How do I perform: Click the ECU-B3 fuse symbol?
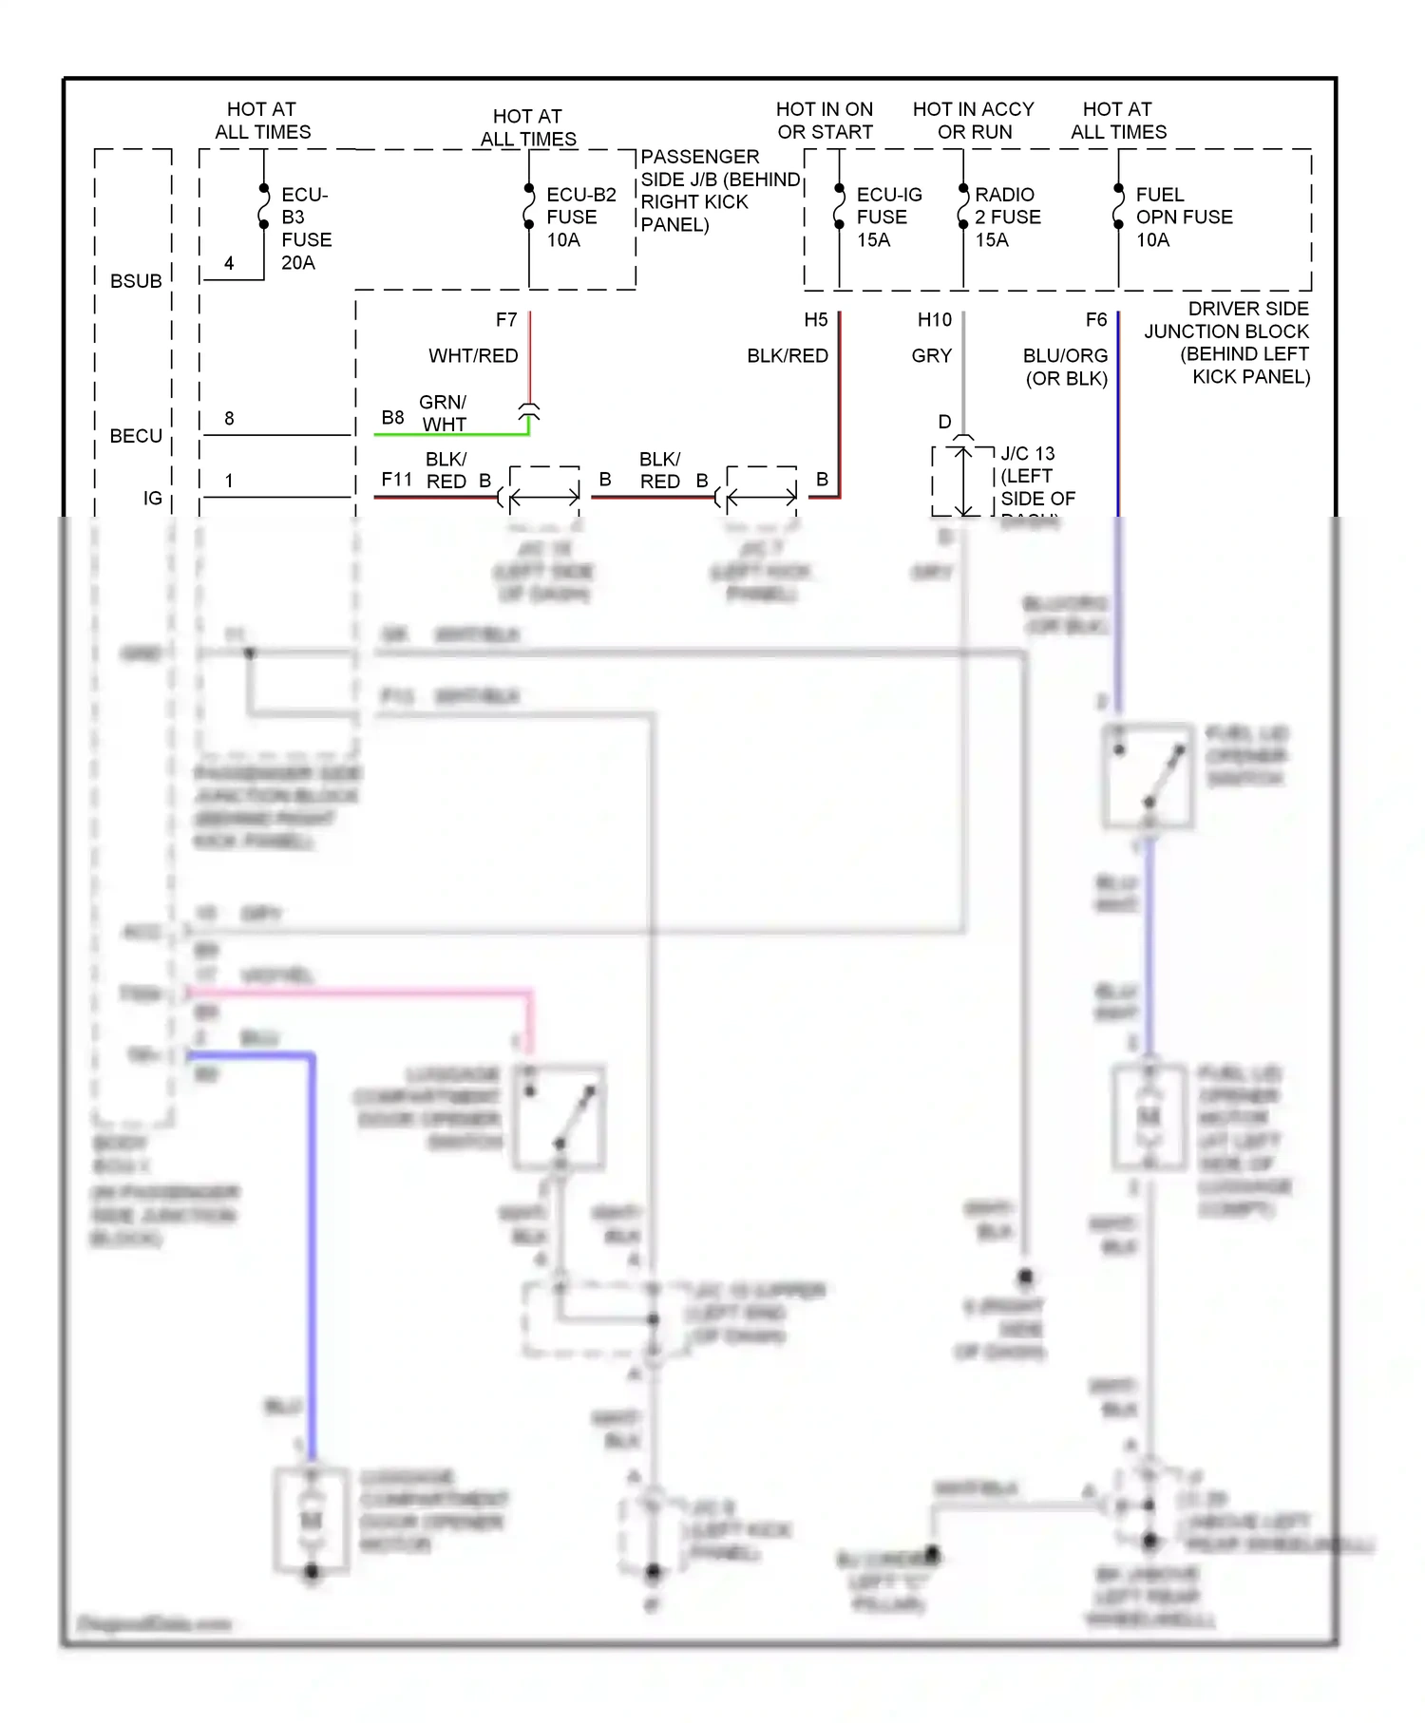[263, 206]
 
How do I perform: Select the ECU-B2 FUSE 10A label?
[580, 218]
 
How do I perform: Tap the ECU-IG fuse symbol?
[839, 206]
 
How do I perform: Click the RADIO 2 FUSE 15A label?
[1007, 218]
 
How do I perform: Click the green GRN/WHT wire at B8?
[451, 434]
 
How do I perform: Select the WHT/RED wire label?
[473, 356]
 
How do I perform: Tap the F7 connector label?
[506, 320]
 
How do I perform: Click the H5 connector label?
[815, 320]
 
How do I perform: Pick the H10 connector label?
[934, 320]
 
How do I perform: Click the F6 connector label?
[1095, 320]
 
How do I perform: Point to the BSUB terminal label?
[136, 281]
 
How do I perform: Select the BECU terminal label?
[136, 436]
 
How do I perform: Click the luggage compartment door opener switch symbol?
[560, 1117]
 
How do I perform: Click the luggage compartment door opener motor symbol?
[312, 1521]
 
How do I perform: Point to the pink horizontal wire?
[361, 993]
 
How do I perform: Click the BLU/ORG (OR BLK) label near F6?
[1065, 367]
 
